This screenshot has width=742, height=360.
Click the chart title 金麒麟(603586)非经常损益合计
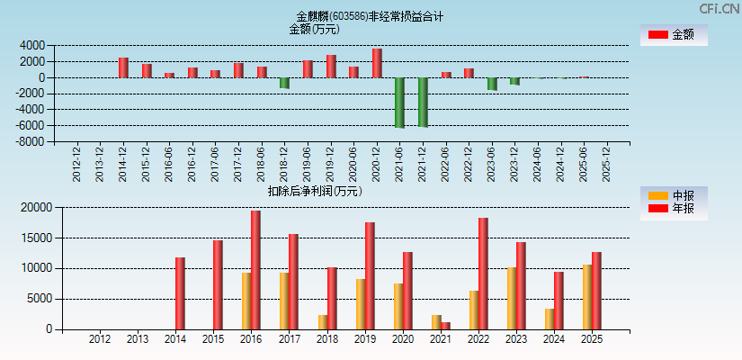370,16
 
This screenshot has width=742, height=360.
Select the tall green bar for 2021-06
399,103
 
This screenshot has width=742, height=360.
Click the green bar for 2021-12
423,102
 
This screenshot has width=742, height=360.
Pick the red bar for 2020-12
377,63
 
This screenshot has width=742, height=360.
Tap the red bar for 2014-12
123,67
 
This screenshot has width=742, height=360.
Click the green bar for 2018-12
284,83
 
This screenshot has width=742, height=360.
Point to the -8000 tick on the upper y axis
32,142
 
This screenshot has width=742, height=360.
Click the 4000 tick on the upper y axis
32,45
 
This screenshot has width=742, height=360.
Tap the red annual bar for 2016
256,270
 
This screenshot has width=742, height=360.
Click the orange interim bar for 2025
586,297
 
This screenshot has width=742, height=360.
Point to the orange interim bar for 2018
322,322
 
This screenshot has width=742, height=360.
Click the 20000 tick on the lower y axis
37,208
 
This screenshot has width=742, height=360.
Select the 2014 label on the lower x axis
175,339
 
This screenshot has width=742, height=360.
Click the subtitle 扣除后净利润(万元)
315,191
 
